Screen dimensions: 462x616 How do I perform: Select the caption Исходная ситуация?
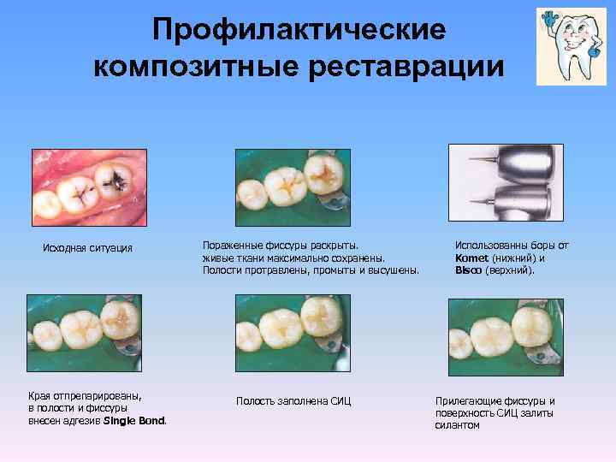tap(87, 248)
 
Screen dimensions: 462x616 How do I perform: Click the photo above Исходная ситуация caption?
tap(87, 189)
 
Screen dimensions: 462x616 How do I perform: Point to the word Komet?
tap(471, 258)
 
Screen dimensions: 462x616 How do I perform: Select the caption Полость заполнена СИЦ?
tap(294, 401)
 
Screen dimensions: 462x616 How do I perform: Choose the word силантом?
tap(457, 425)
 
